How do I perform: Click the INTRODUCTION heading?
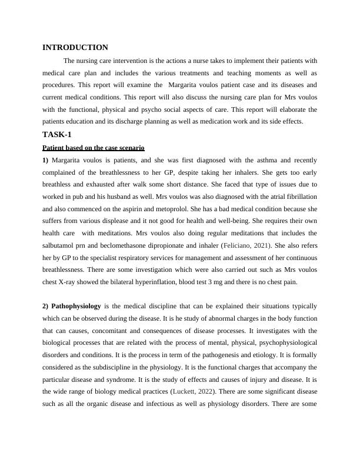75,48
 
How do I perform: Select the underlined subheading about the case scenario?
94,148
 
